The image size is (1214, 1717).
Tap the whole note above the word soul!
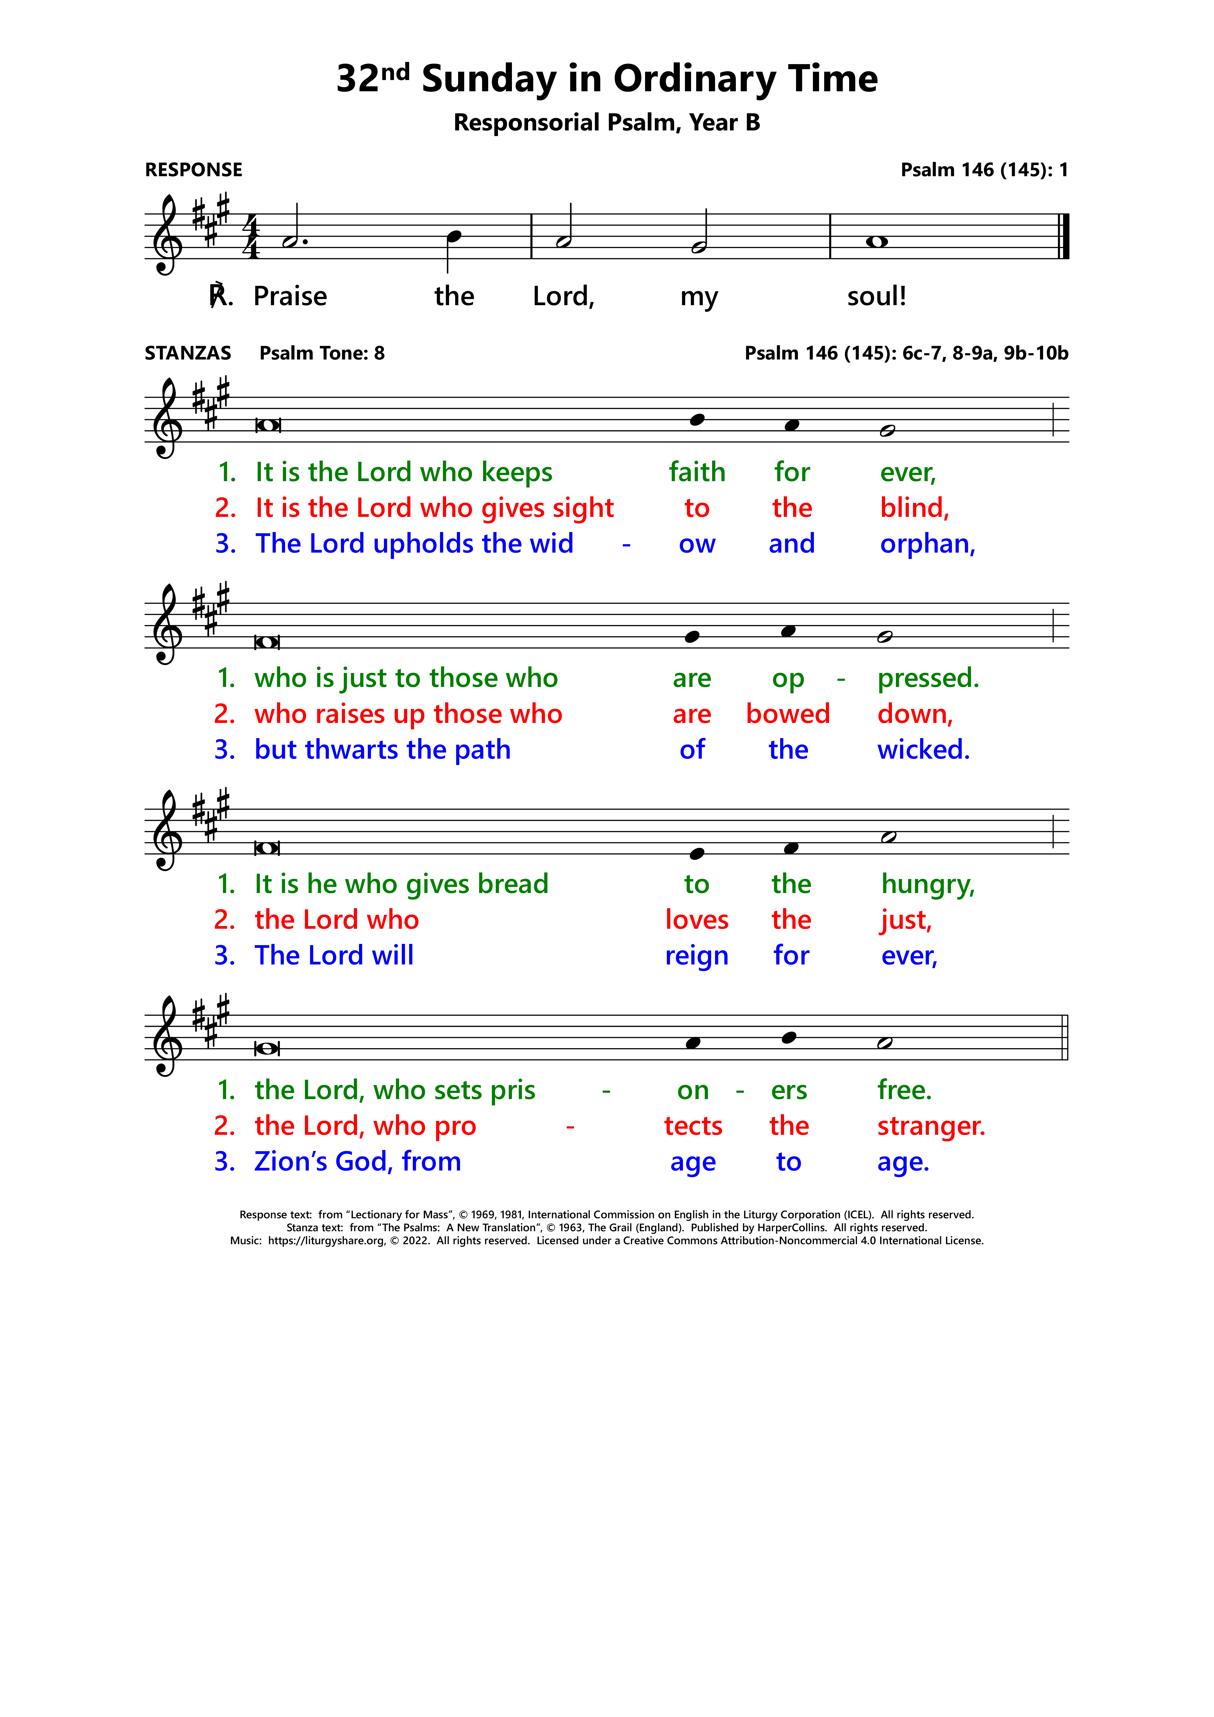pos(876,242)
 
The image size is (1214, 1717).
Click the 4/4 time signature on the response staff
pos(251,236)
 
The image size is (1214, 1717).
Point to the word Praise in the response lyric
pos(290,297)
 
